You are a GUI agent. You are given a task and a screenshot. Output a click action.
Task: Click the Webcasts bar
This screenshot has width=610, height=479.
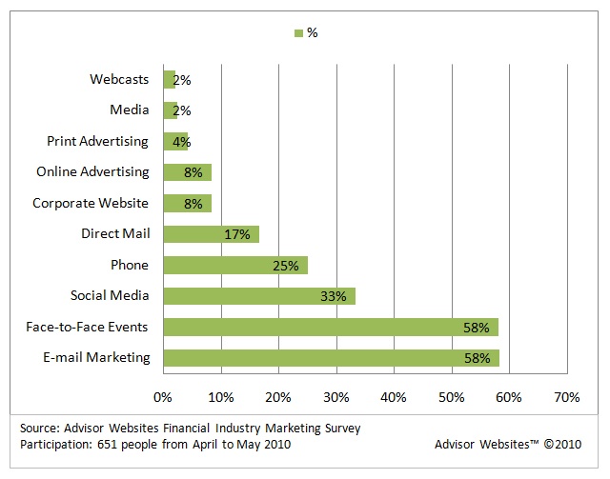[x=169, y=79]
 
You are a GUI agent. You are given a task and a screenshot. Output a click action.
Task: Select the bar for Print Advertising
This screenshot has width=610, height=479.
[x=175, y=141]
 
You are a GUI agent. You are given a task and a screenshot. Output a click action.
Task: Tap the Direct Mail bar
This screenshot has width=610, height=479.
[x=211, y=233]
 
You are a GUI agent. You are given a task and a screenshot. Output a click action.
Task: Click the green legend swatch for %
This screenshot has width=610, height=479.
[x=298, y=33]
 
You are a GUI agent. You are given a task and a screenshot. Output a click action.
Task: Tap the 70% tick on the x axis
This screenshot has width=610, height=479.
[x=566, y=395]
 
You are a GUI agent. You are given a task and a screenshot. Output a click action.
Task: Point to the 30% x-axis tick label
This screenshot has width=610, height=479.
[x=335, y=395]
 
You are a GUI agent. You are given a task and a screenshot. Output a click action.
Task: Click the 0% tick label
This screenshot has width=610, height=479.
[x=163, y=395]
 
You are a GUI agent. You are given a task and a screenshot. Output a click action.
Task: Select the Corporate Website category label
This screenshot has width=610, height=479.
[x=91, y=203]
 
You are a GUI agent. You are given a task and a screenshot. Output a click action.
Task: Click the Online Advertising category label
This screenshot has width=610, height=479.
[x=92, y=172]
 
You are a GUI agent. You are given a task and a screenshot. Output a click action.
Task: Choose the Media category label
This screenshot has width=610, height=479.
[x=130, y=110]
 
